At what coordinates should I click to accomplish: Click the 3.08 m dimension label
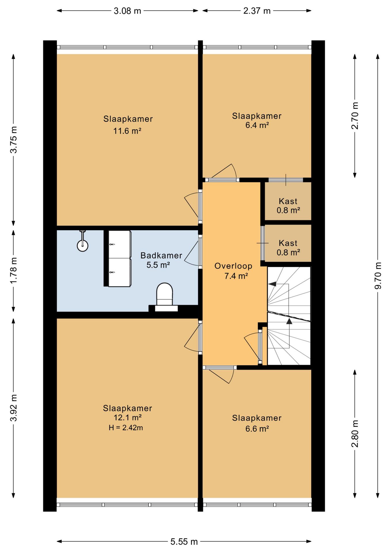(x=127, y=11)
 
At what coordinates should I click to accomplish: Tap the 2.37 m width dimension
(x=257, y=11)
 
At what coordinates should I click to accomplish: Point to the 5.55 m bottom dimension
(x=184, y=542)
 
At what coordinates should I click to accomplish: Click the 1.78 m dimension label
(x=14, y=270)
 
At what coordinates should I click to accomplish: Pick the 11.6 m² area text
(x=127, y=131)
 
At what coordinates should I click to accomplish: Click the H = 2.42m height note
(x=126, y=428)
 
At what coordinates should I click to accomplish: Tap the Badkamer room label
(x=161, y=255)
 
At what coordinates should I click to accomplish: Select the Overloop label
(x=233, y=266)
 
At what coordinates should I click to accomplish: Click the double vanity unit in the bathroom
(x=119, y=258)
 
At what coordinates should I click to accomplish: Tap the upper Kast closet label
(x=288, y=201)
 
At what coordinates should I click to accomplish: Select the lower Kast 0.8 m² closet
(x=288, y=243)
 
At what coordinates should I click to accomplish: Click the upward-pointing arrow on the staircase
(x=289, y=321)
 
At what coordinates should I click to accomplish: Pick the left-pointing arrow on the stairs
(x=272, y=284)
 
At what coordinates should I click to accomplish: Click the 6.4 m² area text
(x=257, y=125)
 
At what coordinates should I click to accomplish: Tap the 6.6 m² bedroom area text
(x=257, y=429)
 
